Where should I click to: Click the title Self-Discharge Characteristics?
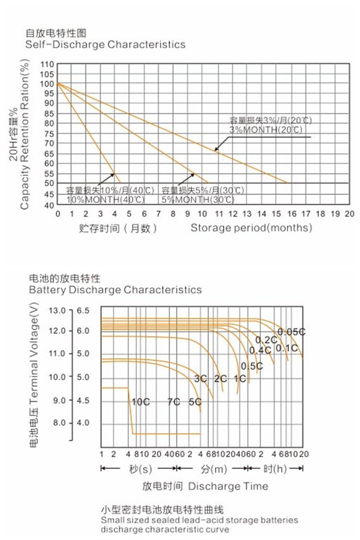105,45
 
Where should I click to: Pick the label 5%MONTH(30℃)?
198,199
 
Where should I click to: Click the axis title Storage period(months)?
251,228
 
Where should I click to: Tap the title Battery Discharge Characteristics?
115,290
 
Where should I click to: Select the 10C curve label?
140,402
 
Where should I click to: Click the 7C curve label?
174,402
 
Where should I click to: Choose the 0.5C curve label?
252,366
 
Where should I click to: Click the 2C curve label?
220,379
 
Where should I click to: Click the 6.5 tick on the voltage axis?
83,311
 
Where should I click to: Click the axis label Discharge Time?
228,486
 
